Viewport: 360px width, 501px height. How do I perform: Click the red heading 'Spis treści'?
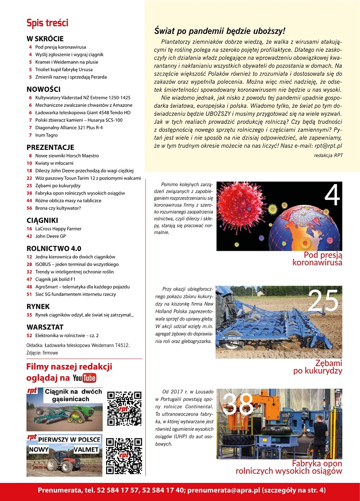47,23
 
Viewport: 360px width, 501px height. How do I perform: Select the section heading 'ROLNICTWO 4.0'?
54,248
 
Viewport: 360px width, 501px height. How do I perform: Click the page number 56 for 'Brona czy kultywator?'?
29,208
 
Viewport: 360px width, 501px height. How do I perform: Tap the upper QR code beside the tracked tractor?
125,408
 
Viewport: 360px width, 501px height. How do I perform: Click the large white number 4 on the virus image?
332,195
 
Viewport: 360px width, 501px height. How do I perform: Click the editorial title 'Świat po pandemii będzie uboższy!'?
220,31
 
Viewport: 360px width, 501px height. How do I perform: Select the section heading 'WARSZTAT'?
45,327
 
